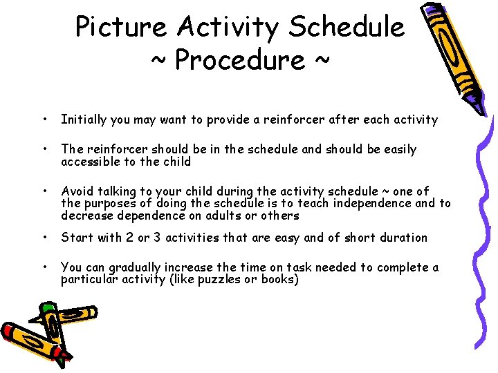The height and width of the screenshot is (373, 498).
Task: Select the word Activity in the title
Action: (x=230, y=28)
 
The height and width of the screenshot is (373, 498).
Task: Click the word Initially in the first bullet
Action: (x=84, y=119)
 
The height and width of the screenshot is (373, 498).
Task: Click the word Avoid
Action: (x=75, y=191)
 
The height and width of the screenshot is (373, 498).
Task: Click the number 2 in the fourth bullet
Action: (x=125, y=238)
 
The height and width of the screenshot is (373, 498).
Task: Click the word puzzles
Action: (x=233, y=280)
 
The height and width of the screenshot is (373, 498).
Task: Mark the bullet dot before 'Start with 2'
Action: (x=44, y=238)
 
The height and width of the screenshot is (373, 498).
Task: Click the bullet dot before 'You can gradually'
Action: (x=44, y=267)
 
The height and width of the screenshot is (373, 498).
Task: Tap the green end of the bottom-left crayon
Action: (x=48, y=307)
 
